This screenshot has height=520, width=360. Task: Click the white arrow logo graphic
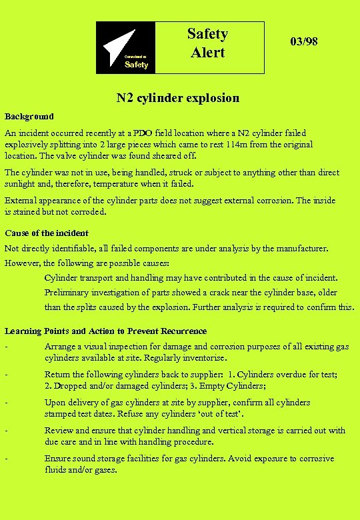tap(121, 42)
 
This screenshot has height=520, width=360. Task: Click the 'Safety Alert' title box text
tap(207, 43)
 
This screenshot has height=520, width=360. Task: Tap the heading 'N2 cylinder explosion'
tap(178, 98)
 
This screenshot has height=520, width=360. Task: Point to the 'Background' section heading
tap(29, 116)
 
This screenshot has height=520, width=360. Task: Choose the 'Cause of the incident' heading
tap(47, 233)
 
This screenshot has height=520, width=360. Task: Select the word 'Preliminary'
tap(68, 292)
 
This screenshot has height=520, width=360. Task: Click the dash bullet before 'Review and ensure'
tap(6, 431)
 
